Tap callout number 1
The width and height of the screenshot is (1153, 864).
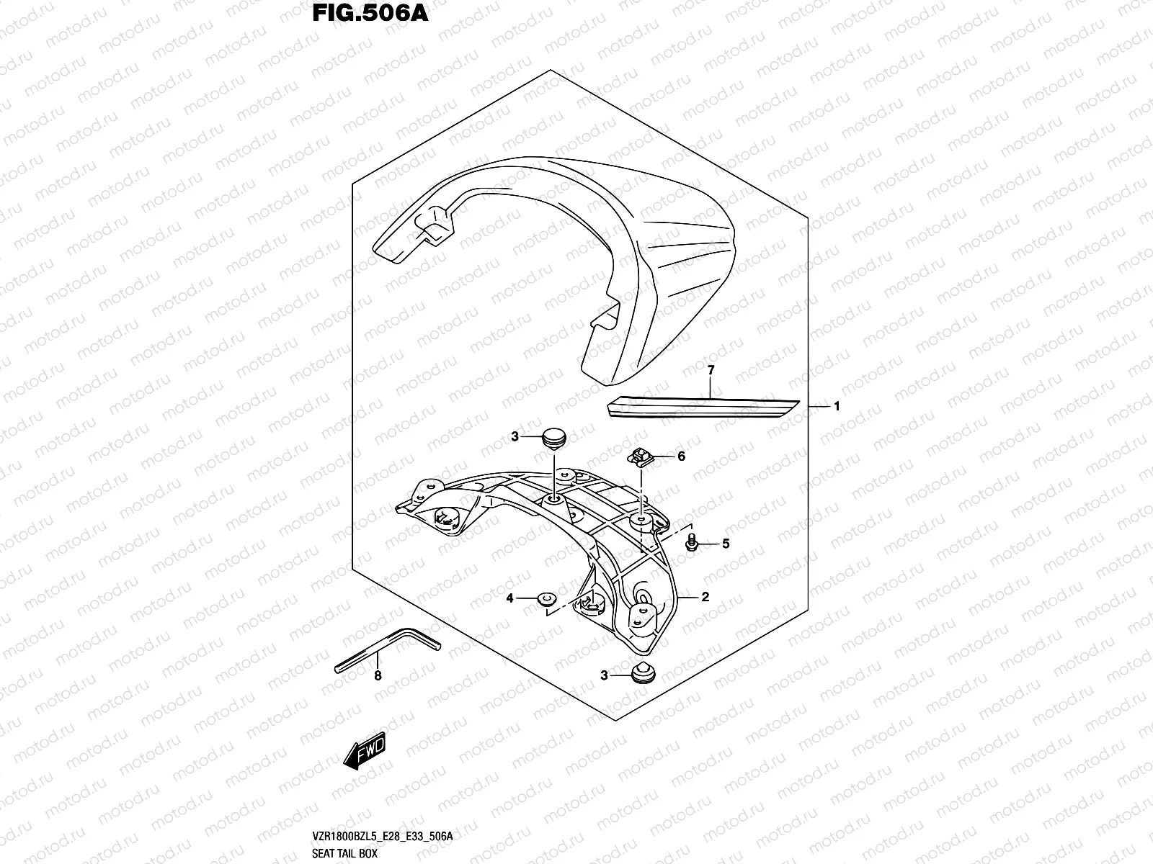point(837,407)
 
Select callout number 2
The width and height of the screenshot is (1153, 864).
point(705,596)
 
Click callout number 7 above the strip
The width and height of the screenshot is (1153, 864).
point(711,370)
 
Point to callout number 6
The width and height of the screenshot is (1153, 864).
point(681,456)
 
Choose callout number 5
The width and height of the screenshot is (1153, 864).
point(726,544)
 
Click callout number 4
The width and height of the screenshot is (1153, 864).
point(509,598)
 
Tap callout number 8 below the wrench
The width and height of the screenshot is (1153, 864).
point(377,675)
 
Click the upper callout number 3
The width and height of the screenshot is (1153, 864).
point(515,436)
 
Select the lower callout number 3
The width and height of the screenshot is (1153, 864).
point(605,675)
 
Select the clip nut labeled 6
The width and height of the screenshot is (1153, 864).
point(640,456)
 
